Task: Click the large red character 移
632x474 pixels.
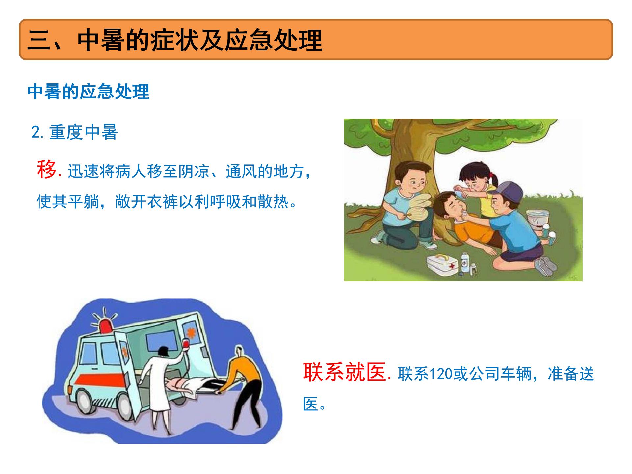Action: tap(46, 170)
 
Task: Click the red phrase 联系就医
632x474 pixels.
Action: tap(344, 372)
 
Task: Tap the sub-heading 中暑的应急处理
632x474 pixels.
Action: tap(89, 92)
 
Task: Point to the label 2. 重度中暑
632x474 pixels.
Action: tap(74, 132)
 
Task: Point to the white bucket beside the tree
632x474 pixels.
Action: tap(537, 219)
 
